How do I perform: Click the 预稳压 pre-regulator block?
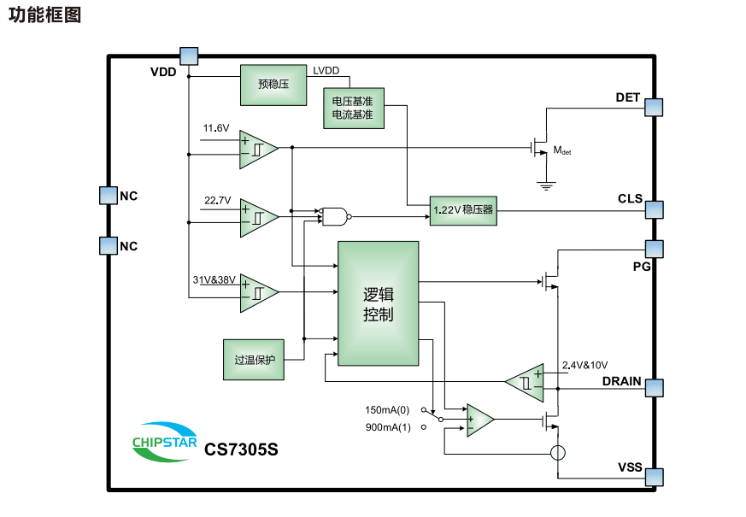(x=273, y=85)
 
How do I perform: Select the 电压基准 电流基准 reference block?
(x=353, y=108)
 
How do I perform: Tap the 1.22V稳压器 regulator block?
(x=462, y=209)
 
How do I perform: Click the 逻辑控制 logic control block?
(x=378, y=303)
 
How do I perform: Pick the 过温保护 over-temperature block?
(x=254, y=360)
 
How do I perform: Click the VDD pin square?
(x=189, y=56)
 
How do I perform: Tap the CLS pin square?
(x=654, y=209)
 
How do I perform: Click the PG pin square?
(x=654, y=248)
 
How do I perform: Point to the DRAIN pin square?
(x=654, y=387)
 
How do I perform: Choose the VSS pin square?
(x=654, y=476)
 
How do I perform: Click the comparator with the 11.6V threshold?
(x=259, y=148)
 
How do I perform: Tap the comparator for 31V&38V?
(x=259, y=291)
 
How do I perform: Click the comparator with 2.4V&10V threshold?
(x=525, y=380)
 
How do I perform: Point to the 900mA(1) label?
(x=388, y=427)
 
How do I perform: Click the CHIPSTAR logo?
(x=165, y=441)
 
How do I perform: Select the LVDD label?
(x=326, y=71)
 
